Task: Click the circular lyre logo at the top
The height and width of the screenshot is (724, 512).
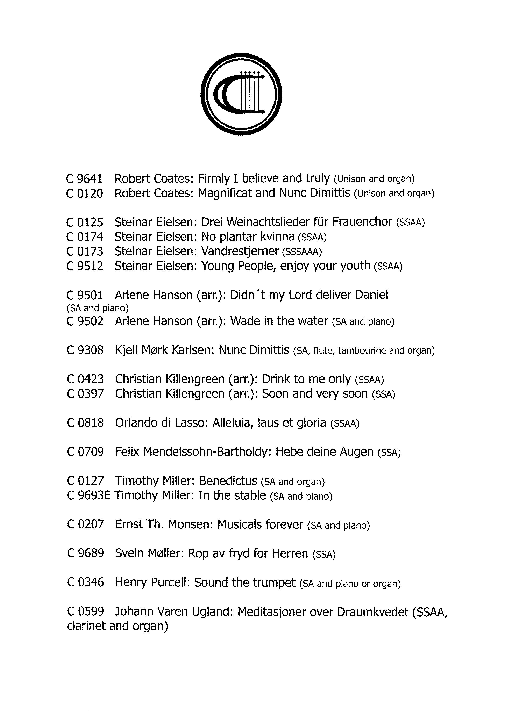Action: click(x=241, y=94)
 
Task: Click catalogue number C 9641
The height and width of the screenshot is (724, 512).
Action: click(x=84, y=179)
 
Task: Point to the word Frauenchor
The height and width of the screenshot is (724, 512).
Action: click(x=362, y=222)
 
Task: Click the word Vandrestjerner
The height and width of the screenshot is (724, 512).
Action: click(x=240, y=251)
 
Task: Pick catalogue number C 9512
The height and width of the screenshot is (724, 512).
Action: click(x=85, y=266)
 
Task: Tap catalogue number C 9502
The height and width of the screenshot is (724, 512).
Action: click(x=85, y=321)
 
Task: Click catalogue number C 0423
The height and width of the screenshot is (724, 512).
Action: click(x=85, y=379)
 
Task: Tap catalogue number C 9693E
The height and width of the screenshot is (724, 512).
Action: click(x=89, y=496)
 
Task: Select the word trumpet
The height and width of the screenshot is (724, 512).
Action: click(x=276, y=583)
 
